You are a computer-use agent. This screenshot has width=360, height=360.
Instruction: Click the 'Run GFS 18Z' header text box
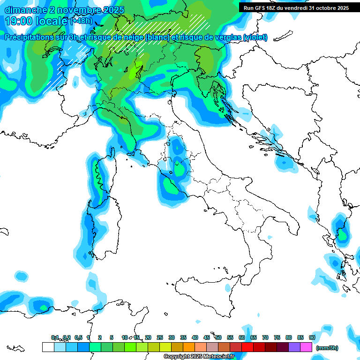click(297, 8)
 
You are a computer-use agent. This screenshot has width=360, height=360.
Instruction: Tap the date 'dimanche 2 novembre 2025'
click(64, 10)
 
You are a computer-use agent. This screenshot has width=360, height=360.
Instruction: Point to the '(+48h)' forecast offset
click(82, 21)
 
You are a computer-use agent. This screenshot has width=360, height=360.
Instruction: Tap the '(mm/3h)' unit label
click(327, 348)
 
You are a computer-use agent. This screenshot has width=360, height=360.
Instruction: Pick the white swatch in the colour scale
click(48, 347)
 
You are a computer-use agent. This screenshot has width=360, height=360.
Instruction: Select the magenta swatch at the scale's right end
click(306, 347)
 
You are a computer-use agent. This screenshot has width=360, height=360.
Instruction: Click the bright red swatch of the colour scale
click(247, 347)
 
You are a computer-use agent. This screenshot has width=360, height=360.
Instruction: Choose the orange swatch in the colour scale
click(189, 347)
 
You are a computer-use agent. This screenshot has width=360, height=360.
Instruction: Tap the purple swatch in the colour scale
click(294, 347)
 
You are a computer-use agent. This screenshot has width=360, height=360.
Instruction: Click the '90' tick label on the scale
click(312, 337)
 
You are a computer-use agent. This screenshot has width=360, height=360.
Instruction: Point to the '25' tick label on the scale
click(160, 337)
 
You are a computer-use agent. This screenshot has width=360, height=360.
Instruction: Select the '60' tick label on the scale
click(242, 337)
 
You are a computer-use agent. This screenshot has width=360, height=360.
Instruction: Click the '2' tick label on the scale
click(100, 337)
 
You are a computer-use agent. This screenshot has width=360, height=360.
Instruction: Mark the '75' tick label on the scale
click(277, 337)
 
